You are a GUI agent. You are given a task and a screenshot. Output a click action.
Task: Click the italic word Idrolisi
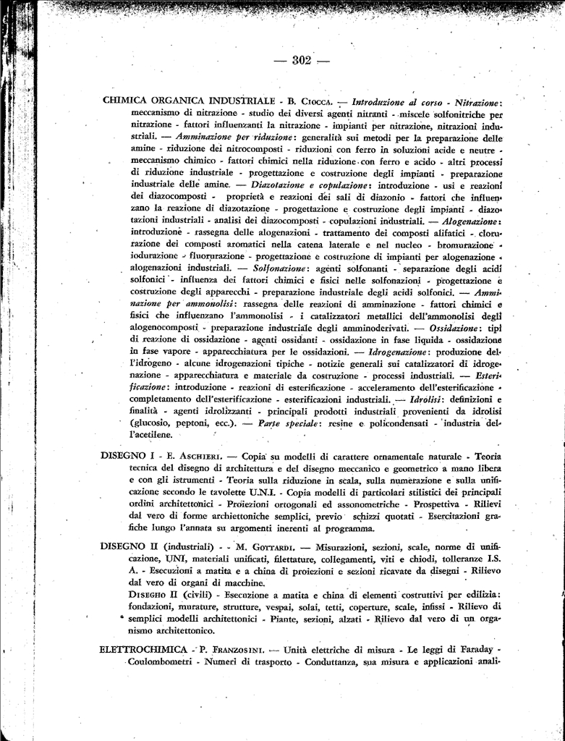click(x=426, y=399)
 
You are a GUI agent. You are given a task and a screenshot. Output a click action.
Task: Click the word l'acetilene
click(x=151, y=434)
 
